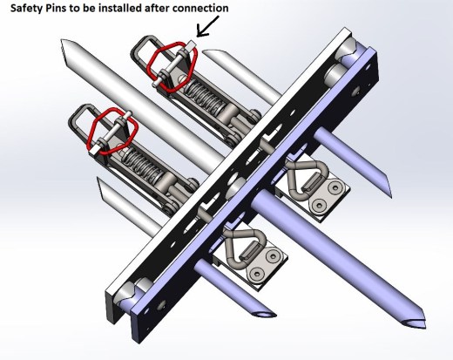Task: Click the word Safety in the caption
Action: click(27, 8)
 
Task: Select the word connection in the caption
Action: click(200, 8)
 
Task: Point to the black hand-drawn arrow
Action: click(207, 26)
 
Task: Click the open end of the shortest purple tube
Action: click(265, 314)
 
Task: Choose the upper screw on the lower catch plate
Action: click(273, 255)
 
